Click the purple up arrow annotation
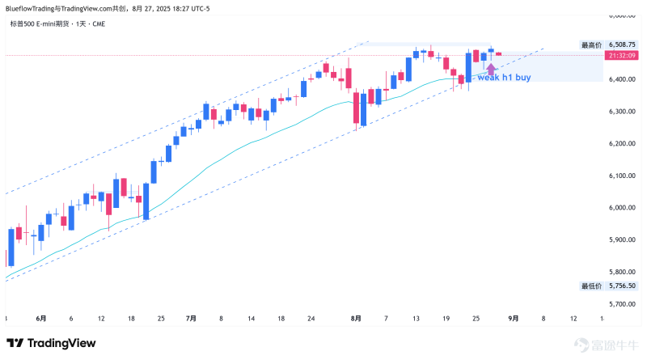coord(490,69)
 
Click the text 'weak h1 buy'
coord(504,78)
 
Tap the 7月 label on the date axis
coord(191,319)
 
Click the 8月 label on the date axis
coord(357,319)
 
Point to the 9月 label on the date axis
coord(514,319)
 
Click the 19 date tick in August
coord(446,319)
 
